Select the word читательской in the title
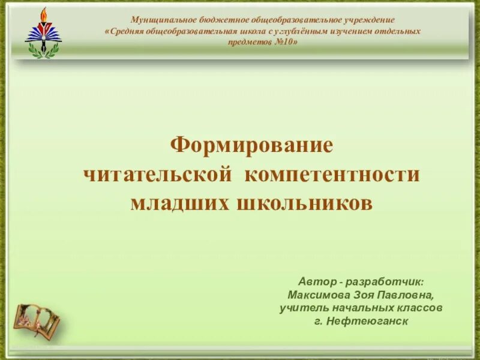157,175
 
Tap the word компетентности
332,175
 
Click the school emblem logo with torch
43,34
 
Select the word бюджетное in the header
223,20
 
